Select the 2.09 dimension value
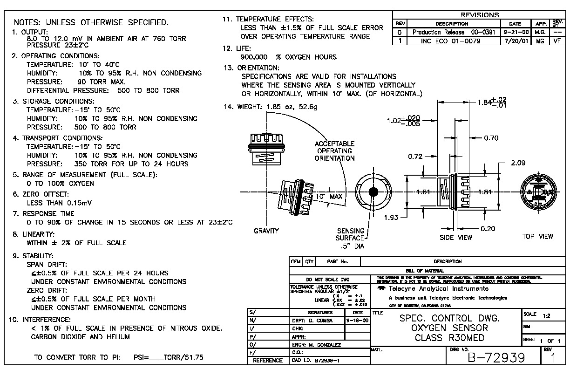pyautogui.click(x=518, y=163)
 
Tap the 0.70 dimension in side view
pyautogui.click(x=491, y=138)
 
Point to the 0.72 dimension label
pyautogui.click(x=415, y=157)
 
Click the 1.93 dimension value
pyautogui.click(x=392, y=218)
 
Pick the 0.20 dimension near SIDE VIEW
pyautogui.click(x=488, y=228)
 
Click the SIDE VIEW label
pyautogui.click(x=456, y=237)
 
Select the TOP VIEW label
pyautogui.click(x=537, y=236)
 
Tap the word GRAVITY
pyautogui.click(x=266, y=231)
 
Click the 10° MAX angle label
pyautogui.click(x=329, y=197)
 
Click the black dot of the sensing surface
pyautogui.click(x=373, y=192)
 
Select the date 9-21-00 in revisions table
pyautogui.click(x=516, y=32)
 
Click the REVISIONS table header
pyautogui.click(x=479, y=15)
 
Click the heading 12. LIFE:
pyautogui.click(x=237, y=48)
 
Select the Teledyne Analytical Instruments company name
pyautogui.click(x=439, y=288)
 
